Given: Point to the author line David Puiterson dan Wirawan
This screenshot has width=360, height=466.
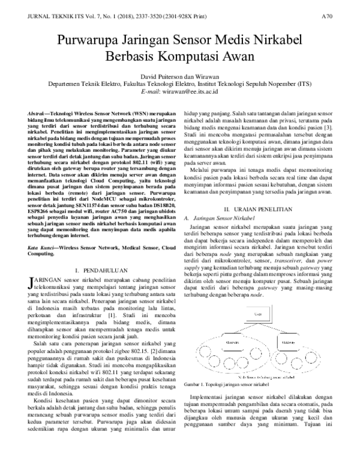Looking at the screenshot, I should coord(179,77).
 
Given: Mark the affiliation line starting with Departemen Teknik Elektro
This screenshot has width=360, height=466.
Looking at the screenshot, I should coord(179,85).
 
